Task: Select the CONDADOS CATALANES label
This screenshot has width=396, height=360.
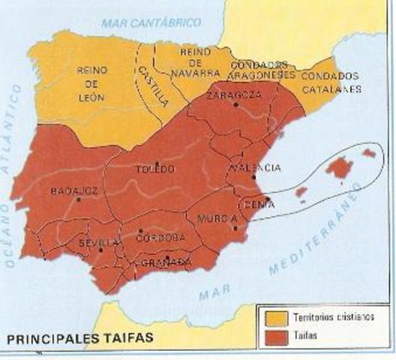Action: [x=330, y=82]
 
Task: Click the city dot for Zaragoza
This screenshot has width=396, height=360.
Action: [x=235, y=105]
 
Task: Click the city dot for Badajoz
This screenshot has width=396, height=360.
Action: [x=78, y=199]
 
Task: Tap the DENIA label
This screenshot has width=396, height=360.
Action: [x=256, y=202]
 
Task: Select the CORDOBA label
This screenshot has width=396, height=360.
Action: [x=160, y=238]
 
